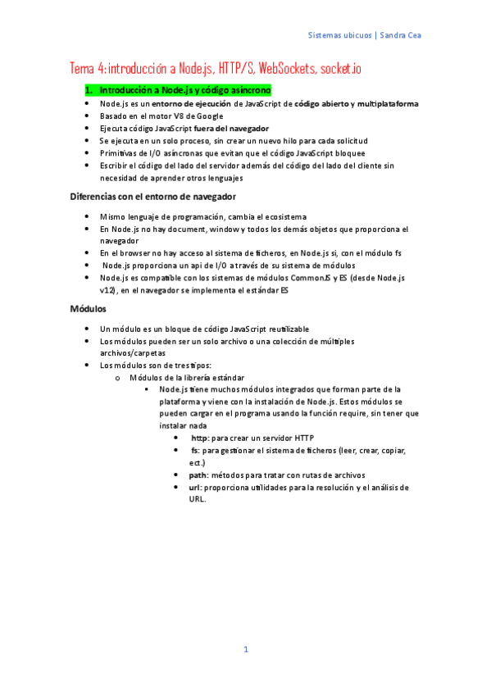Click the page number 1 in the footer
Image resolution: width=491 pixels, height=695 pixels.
pos(244,649)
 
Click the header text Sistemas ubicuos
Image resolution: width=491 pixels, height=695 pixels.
pos(338,36)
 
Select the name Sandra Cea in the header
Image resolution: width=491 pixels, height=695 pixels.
pos(402,36)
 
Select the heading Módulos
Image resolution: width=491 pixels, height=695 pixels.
pos(88,309)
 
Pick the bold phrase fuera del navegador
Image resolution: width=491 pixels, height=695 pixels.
pos(230,129)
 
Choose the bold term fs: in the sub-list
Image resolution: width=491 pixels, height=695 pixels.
pos(196,451)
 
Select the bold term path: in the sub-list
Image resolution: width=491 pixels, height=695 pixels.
pos(198,475)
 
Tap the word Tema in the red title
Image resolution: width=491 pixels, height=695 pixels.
pos(82,68)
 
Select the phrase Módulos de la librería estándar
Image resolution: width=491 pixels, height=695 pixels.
pos(186,377)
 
